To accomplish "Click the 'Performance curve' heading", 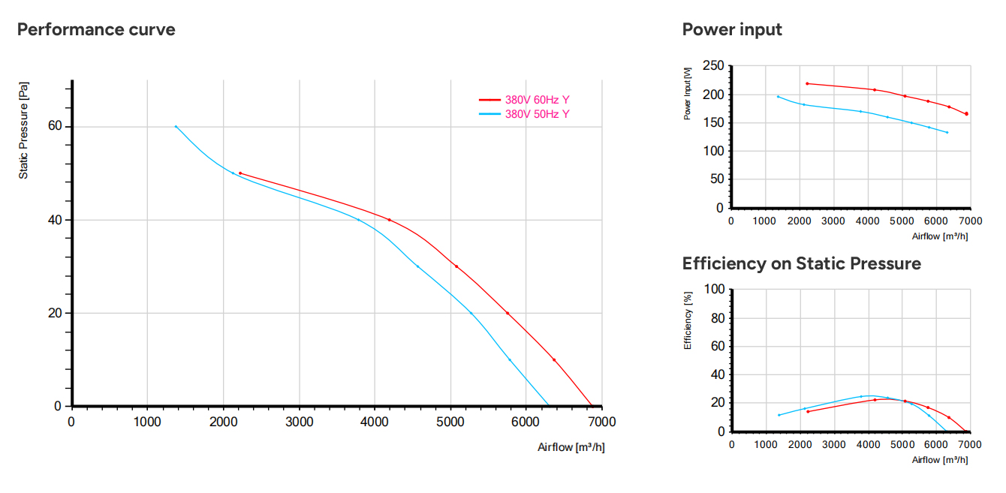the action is tap(96, 29).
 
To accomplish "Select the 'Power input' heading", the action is tap(732, 29).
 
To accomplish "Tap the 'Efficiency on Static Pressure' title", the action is tap(802, 263).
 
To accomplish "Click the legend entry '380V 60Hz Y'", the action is tap(537, 100).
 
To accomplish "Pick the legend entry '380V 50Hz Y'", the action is tap(537, 114).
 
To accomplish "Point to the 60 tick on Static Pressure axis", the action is tap(55, 126).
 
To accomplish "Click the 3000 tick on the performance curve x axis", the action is tap(299, 422).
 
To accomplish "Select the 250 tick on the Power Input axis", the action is tap(713, 65).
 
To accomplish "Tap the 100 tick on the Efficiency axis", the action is tap(714, 289).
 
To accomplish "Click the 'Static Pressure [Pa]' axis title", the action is tap(23, 131).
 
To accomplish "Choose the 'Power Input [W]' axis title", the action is tap(687, 93).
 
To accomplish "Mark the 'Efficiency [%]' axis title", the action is tap(688, 320).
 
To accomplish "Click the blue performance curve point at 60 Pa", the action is tap(176, 127).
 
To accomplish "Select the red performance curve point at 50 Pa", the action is tap(240, 173).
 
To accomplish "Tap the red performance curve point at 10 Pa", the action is tap(554, 360).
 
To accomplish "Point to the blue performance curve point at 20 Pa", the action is tap(471, 313).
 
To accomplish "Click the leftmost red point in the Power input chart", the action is tap(807, 83).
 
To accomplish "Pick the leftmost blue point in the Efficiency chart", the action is tap(779, 415).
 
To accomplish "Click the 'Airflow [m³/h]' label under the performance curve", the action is tap(571, 447).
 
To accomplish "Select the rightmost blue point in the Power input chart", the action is tap(947, 133).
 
